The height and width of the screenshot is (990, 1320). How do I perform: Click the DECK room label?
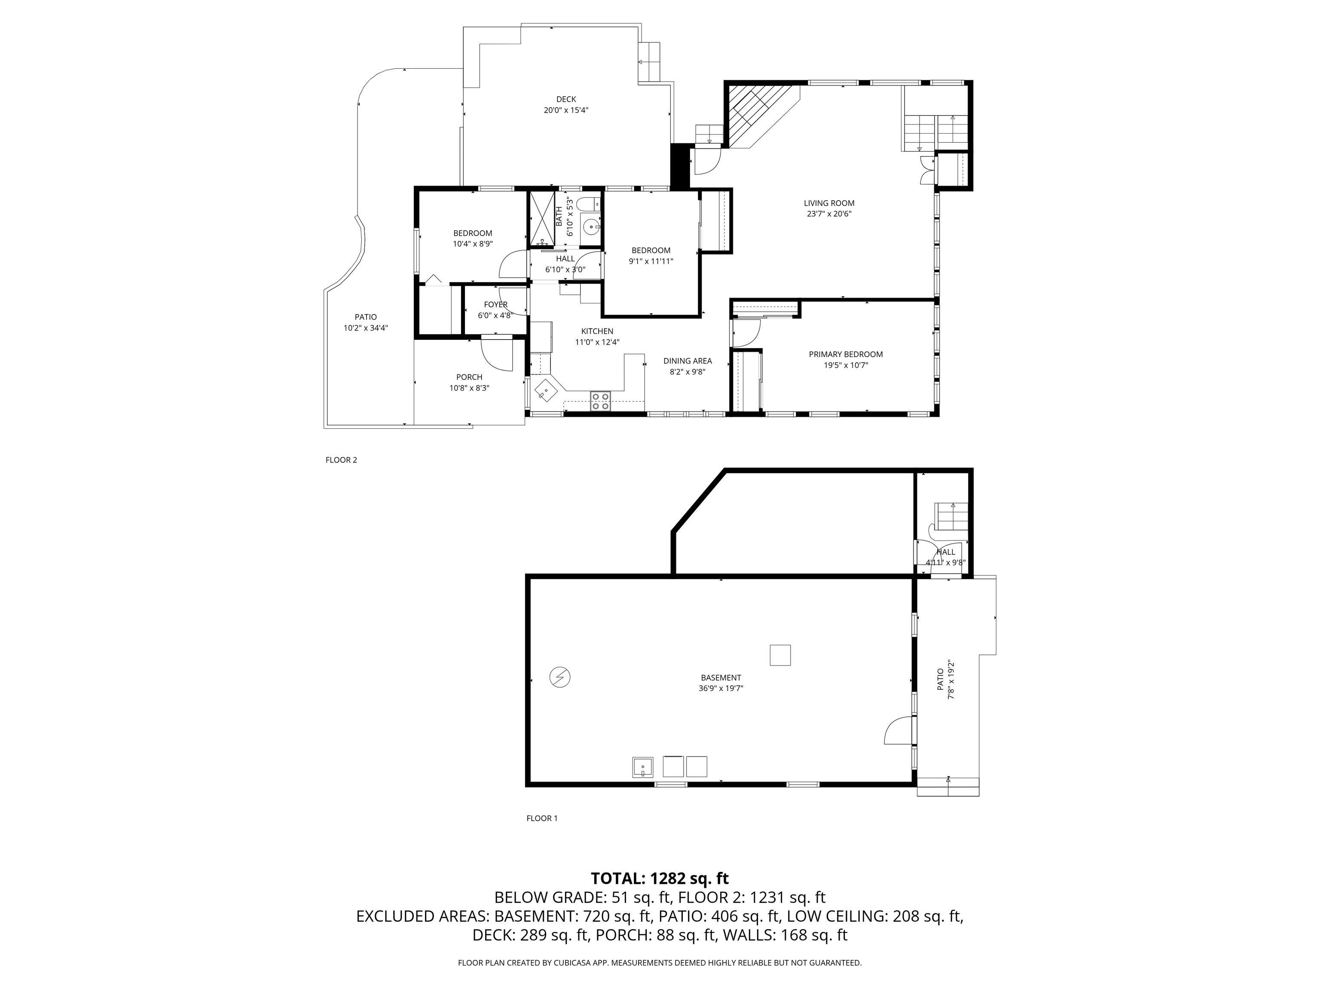click(x=566, y=99)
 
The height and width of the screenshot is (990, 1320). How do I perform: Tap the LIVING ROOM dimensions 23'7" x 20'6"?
click(x=829, y=214)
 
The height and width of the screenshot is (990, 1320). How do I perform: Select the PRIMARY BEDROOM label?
click(x=846, y=354)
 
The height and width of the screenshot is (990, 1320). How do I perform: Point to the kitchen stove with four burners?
click(x=600, y=401)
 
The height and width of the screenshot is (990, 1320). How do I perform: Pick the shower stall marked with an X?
click(x=542, y=219)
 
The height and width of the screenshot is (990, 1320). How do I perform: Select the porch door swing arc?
click(x=496, y=354)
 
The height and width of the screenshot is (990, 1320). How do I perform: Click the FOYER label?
click(x=495, y=304)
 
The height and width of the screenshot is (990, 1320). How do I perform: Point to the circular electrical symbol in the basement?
click(x=560, y=677)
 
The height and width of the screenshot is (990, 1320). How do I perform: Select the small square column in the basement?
click(x=780, y=655)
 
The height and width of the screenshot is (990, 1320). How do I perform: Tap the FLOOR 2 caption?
click(x=341, y=459)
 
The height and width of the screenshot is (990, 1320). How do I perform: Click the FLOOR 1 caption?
click(x=541, y=818)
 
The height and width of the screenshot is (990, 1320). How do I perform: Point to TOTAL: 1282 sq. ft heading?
click(x=660, y=878)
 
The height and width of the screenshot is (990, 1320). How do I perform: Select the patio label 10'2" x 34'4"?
click(x=365, y=327)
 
